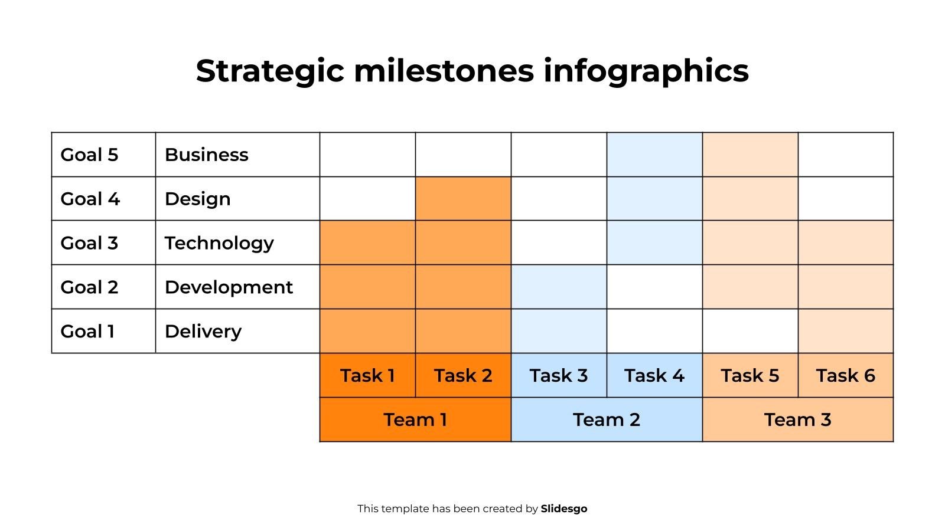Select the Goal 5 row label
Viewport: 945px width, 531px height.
pos(89,155)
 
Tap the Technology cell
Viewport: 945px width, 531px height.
pos(219,242)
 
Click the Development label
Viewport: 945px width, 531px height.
pos(229,287)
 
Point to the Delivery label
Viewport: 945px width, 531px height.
pos(203,331)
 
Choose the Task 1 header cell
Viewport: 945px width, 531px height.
pos(367,375)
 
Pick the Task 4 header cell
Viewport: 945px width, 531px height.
pos(654,375)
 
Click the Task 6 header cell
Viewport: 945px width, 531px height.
pos(845,375)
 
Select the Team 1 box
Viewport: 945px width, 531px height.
pos(415,419)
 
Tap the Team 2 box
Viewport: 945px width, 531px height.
pos(606,419)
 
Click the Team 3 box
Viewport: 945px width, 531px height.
pos(797,419)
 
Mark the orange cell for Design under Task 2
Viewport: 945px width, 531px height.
pos(463,199)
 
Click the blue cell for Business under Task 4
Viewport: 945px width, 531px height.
pos(654,155)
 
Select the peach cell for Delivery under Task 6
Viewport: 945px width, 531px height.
pos(845,331)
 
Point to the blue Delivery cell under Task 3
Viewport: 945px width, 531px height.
pos(559,331)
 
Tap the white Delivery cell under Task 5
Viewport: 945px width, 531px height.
pos(750,331)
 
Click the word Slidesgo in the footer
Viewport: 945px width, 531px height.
pos(563,509)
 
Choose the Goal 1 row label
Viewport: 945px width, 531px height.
pos(87,331)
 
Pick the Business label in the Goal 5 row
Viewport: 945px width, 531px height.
pos(206,155)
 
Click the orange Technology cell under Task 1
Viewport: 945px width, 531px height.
pos(367,242)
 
